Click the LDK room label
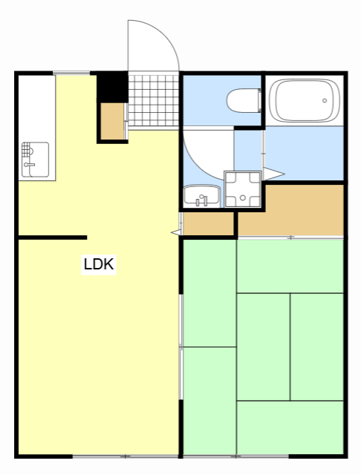99,264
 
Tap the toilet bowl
244,99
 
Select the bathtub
304,100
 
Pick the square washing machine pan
243,189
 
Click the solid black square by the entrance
113,85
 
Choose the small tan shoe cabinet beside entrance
113,122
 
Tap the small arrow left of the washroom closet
176,232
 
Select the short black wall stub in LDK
52,237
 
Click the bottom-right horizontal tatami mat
290,427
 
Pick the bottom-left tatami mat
209,401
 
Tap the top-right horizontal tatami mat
290,266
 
